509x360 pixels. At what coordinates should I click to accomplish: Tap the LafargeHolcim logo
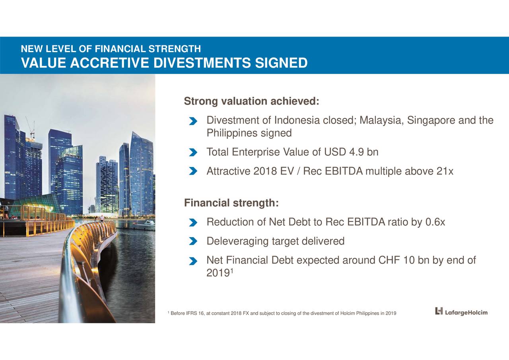(x=461, y=311)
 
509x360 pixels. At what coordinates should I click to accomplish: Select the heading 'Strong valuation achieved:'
(x=251, y=102)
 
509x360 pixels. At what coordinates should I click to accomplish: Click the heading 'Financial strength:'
(x=231, y=203)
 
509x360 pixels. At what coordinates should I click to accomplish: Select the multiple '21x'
(x=445, y=171)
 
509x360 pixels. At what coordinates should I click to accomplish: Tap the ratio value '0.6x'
(x=435, y=222)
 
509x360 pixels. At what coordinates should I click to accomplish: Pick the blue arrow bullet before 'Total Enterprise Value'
(x=193, y=153)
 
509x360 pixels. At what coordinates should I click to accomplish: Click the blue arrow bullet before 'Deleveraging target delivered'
(x=193, y=241)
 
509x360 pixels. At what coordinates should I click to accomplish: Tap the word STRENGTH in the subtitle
(x=175, y=49)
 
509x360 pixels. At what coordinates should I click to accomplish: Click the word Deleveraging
(x=237, y=241)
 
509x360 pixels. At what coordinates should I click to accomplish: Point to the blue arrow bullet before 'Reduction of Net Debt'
(x=193, y=222)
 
